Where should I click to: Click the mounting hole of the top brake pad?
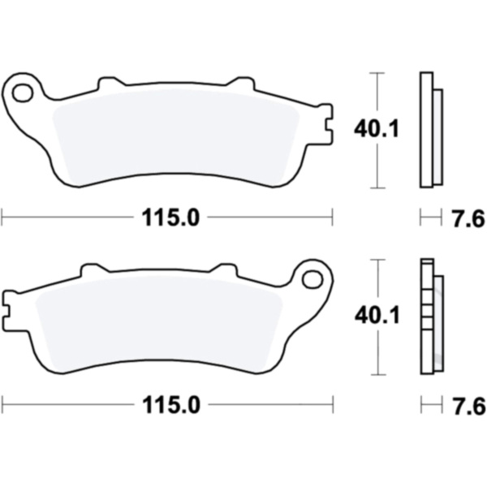pyautogui.click(x=23, y=93)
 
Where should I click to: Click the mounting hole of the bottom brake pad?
pyautogui.click(x=312, y=279)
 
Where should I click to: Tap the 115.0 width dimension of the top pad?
pyautogui.click(x=170, y=218)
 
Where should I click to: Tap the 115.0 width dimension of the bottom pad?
pyautogui.click(x=171, y=405)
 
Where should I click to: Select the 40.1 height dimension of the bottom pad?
pyautogui.click(x=377, y=316)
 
